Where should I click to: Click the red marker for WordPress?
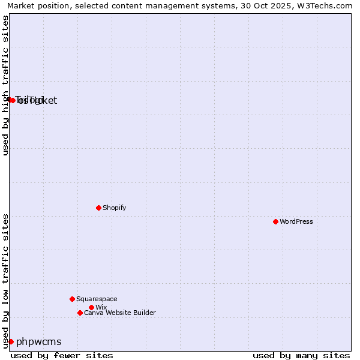(x=275, y=221)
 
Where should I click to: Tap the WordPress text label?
(x=296, y=221)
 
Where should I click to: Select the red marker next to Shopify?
(x=98, y=208)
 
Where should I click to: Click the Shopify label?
(x=114, y=208)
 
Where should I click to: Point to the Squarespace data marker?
(x=72, y=299)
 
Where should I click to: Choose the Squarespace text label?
(x=97, y=299)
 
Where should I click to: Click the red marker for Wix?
(x=91, y=307)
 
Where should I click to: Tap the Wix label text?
(x=101, y=307)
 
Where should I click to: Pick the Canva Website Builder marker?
(x=80, y=313)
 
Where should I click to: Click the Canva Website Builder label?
(x=120, y=313)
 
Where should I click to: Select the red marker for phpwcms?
(x=11, y=341)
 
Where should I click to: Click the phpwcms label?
(x=38, y=341)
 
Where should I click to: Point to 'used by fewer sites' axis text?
(x=62, y=355)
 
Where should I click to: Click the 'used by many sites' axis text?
(x=301, y=355)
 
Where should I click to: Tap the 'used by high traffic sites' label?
(x=5, y=85)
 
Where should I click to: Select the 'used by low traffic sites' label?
(x=5, y=281)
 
